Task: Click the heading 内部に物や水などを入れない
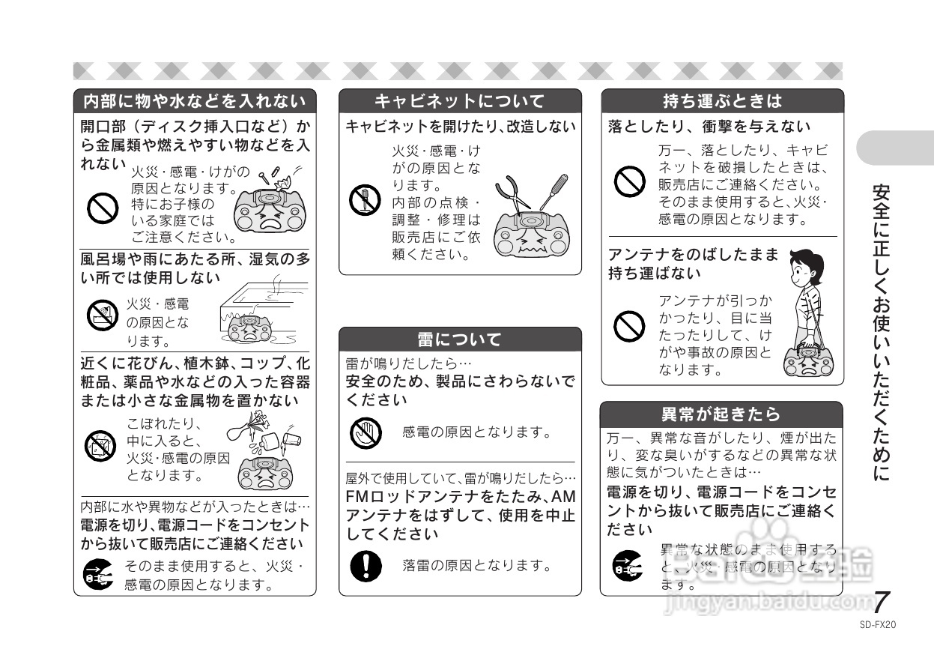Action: point(194,100)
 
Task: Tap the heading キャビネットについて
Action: point(459,100)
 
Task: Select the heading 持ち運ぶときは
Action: point(722,100)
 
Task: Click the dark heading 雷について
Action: point(459,339)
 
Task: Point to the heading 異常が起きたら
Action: point(721,414)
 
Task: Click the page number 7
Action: point(882,602)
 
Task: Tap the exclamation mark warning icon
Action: point(366,564)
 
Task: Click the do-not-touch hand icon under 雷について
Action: point(366,432)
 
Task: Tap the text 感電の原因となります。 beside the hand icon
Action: point(476,432)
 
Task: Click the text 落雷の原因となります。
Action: point(476,565)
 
